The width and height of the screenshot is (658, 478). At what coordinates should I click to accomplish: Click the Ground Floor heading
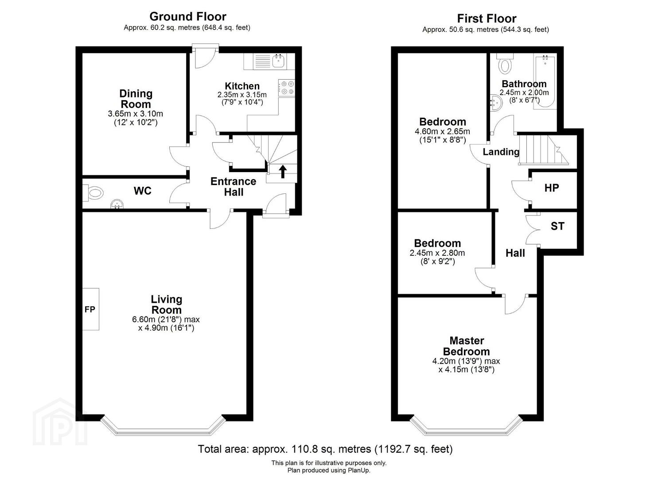click(188, 17)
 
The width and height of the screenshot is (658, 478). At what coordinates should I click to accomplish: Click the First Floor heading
click(487, 19)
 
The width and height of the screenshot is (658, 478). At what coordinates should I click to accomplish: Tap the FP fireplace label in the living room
click(90, 309)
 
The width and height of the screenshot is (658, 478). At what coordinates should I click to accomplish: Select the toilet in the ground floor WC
click(93, 193)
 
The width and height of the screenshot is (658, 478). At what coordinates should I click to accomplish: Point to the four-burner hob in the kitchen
click(287, 88)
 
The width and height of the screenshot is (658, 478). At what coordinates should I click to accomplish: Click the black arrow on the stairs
click(283, 172)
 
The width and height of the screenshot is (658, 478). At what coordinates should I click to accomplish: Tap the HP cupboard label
click(552, 188)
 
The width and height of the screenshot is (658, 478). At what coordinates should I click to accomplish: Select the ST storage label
click(557, 226)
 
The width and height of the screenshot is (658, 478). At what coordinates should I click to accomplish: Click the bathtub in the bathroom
click(545, 81)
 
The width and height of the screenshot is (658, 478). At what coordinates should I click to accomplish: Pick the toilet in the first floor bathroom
click(505, 63)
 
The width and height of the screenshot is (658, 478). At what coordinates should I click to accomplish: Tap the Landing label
click(501, 152)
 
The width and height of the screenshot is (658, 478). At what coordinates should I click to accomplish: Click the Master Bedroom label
click(467, 346)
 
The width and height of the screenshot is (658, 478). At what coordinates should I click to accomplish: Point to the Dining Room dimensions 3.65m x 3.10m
click(136, 114)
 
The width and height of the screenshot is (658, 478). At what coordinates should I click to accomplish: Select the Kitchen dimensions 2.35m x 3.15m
click(242, 95)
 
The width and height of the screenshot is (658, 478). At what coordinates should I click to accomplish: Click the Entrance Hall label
click(233, 187)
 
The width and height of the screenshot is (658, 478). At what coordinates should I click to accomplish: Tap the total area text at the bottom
click(325, 449)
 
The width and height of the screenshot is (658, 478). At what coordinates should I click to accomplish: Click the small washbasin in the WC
click(117, 204)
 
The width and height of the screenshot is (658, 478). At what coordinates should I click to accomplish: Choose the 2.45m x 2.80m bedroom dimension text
click(437, 253)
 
